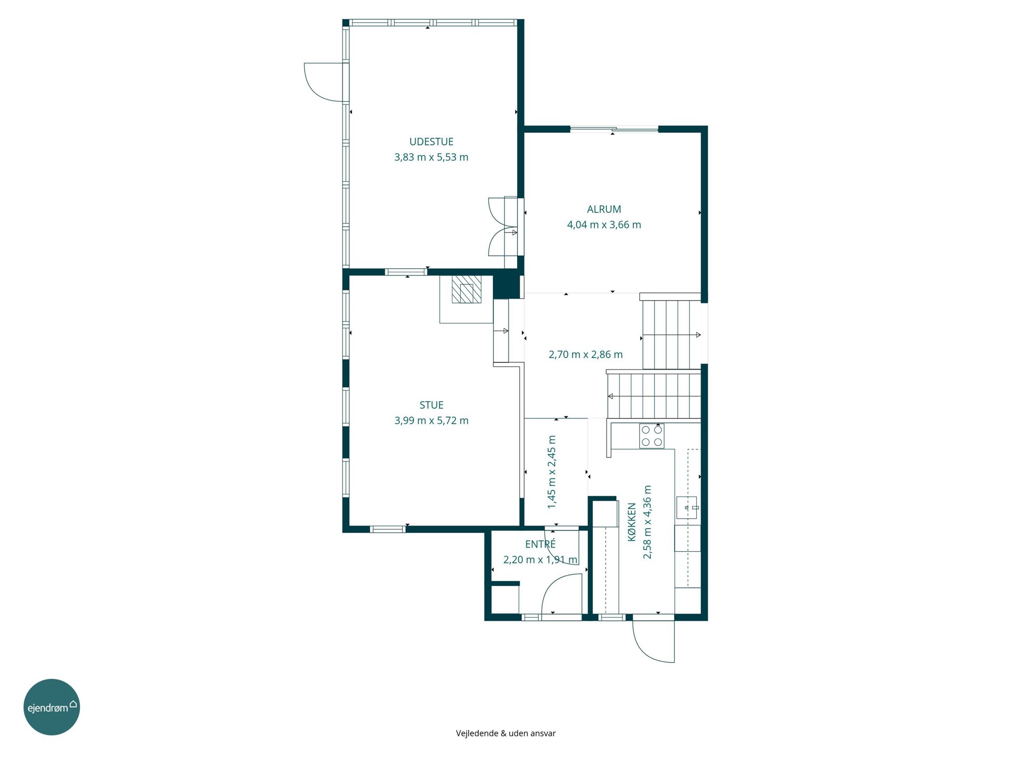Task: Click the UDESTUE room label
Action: click(431, 142)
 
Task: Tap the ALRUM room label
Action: click(604, 209)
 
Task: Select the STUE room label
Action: click(431, 405)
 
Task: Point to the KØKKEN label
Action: click(632, 522)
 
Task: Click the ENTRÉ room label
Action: click(540, 544)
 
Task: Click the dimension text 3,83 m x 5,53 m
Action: click(431, 157)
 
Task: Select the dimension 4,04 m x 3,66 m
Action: click(604, 225)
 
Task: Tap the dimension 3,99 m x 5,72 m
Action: click(431, 421)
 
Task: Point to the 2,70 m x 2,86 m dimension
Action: click(586, 355)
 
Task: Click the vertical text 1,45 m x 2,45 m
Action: click(552, 472)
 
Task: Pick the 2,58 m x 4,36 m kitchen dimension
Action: click(647, 522)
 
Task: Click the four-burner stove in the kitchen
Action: click(651, 436)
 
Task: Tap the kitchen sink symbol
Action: click(687, 507)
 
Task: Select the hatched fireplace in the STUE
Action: click(466, 289)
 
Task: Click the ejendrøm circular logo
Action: click(52, 707)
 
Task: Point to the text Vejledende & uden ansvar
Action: click(505, 733)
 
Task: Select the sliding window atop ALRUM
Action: click(614, 129)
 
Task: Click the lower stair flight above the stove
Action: click(654, 395)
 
